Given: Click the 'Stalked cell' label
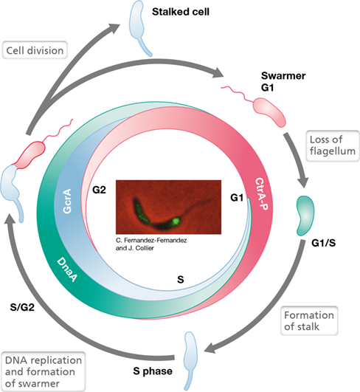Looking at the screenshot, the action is [x=181, y=12].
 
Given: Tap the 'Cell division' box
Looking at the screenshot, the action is [x=35, y=50].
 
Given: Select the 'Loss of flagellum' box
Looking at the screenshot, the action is [x=333, y=145].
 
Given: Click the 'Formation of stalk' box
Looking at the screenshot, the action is [x=309, y=320].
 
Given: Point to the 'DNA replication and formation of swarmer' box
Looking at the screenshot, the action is [x=44, y=372].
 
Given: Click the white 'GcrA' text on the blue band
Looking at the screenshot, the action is [x=67, y=201].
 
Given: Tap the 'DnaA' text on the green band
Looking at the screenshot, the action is [x=67, y=269].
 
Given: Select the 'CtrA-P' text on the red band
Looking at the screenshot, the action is [x=262, y=193].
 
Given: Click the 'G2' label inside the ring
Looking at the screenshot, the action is [x=99, y=190].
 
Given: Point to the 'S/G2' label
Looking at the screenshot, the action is [x=22, y=307].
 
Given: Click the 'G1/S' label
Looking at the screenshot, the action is [x=324, y=243].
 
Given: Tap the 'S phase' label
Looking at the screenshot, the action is [x=153, y=371].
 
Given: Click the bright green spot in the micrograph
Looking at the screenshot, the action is [x=176, y=221].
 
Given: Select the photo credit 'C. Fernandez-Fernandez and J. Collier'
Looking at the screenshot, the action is [x=151, y=244].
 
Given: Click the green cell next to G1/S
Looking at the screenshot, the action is [x=305, y=216].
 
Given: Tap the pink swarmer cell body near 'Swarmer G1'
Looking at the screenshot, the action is [x=269, y=112].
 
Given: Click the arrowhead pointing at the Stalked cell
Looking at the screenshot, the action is [x=114, y=28].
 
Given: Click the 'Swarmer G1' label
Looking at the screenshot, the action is [x=283, y=81].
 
